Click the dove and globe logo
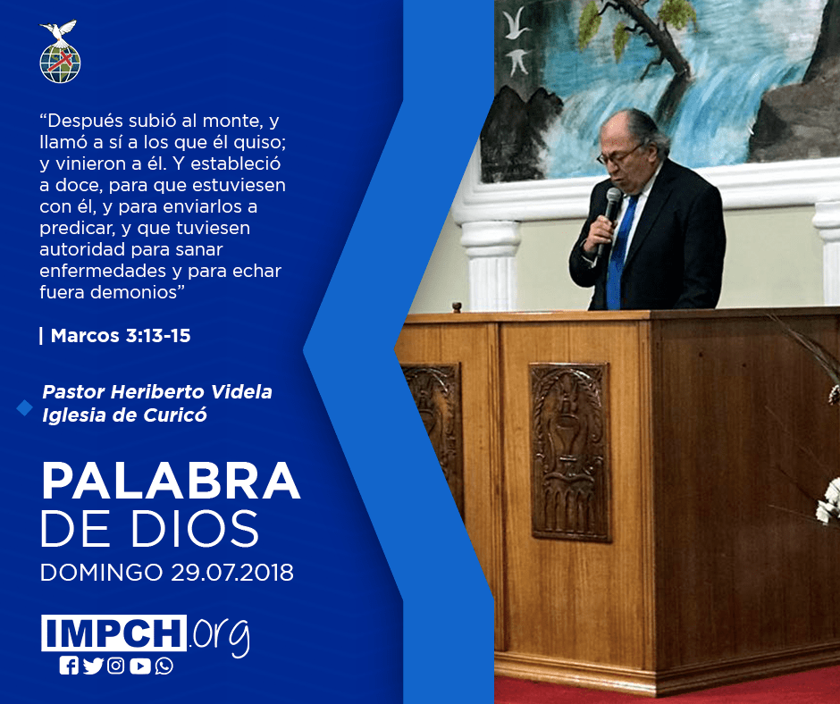(60, 52)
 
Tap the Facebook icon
(69, 666)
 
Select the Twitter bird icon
(93, 666)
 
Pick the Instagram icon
(115, 666)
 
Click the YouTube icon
(139, 666)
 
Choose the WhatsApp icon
(164, 666)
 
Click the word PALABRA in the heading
(171, 482)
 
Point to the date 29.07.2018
(232, 572)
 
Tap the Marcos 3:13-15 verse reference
(121, 335)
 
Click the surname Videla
(241, 391)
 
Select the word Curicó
(175, 415)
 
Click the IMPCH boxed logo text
(113, 633)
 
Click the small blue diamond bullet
(25, 407)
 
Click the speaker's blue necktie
(619, 251)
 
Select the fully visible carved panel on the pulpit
(569, 452)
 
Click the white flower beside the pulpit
(828, 502)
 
